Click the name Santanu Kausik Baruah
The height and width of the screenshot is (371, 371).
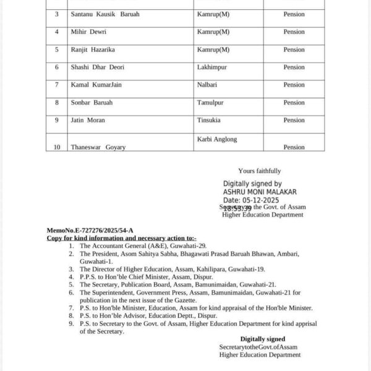click(x=104, y=14)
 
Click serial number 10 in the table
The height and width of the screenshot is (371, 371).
click(x=56, y=147)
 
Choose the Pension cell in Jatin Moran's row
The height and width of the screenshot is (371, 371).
click(x=294, y=120)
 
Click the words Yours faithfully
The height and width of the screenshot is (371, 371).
click(x=259, y=171)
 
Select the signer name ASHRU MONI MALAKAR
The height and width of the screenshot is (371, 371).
click(x=260, y=192)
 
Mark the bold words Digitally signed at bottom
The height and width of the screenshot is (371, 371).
click(x=263, y=339)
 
